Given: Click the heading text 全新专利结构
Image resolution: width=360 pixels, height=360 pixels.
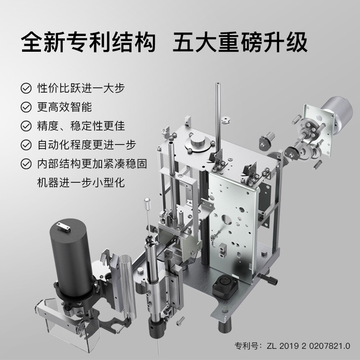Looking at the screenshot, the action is point(88,42).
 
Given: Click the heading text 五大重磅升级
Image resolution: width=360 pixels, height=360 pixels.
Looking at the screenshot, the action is point(240,42).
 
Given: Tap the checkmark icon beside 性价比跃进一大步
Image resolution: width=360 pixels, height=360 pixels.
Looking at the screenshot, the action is point(26,88).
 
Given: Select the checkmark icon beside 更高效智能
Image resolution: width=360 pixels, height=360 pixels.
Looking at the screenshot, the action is point(26,107).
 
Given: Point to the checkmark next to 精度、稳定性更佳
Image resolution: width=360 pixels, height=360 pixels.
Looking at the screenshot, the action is point(26,126).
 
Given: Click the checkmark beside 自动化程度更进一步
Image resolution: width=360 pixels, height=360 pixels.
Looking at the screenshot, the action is point(26,145).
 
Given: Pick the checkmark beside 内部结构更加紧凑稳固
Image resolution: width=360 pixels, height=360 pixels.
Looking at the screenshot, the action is point(26,164).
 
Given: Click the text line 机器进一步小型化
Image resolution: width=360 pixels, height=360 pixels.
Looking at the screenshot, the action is point(81,183).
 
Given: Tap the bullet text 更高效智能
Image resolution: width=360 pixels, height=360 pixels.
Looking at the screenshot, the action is point(64,107).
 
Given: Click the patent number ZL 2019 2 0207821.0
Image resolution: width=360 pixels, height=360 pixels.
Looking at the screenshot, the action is point(308,346).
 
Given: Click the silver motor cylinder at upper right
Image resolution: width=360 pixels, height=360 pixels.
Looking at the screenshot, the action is point(337,113).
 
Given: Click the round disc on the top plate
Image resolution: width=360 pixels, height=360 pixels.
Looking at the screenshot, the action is point(198,141).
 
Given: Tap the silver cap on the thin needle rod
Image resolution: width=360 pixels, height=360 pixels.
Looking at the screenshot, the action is point(147,203).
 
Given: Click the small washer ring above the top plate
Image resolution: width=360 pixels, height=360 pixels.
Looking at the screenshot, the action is point(226,120).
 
